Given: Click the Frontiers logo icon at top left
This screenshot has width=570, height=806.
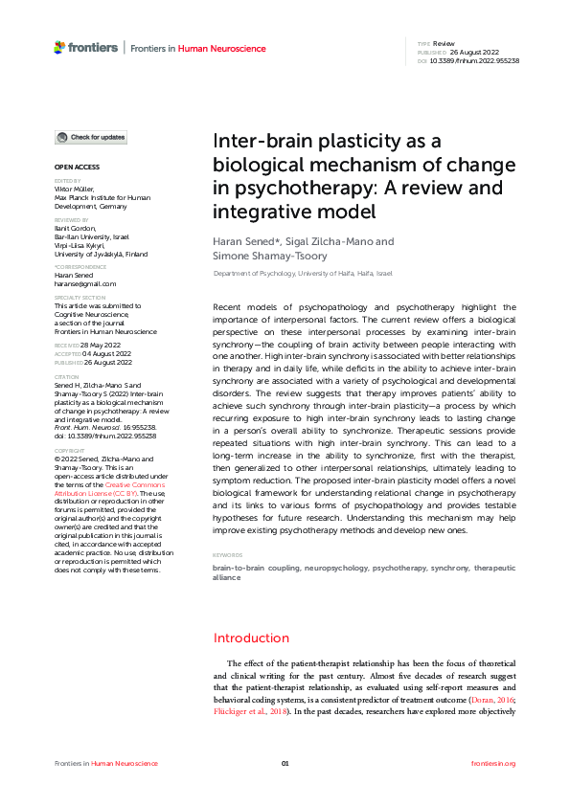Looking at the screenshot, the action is (x=59, y=47).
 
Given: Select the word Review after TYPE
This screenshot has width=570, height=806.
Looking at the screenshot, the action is (x=444, y=44).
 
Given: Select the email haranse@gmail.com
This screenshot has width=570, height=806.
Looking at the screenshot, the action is (x=85, y=284).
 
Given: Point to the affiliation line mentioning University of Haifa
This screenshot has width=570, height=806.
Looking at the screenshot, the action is (x=302, y=274).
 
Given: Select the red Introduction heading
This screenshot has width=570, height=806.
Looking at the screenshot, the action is (x=251, y=638).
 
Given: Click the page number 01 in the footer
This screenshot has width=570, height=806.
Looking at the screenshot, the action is (x=285, y=763).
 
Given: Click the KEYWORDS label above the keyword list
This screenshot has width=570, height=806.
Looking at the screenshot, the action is (x=227, y=555).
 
